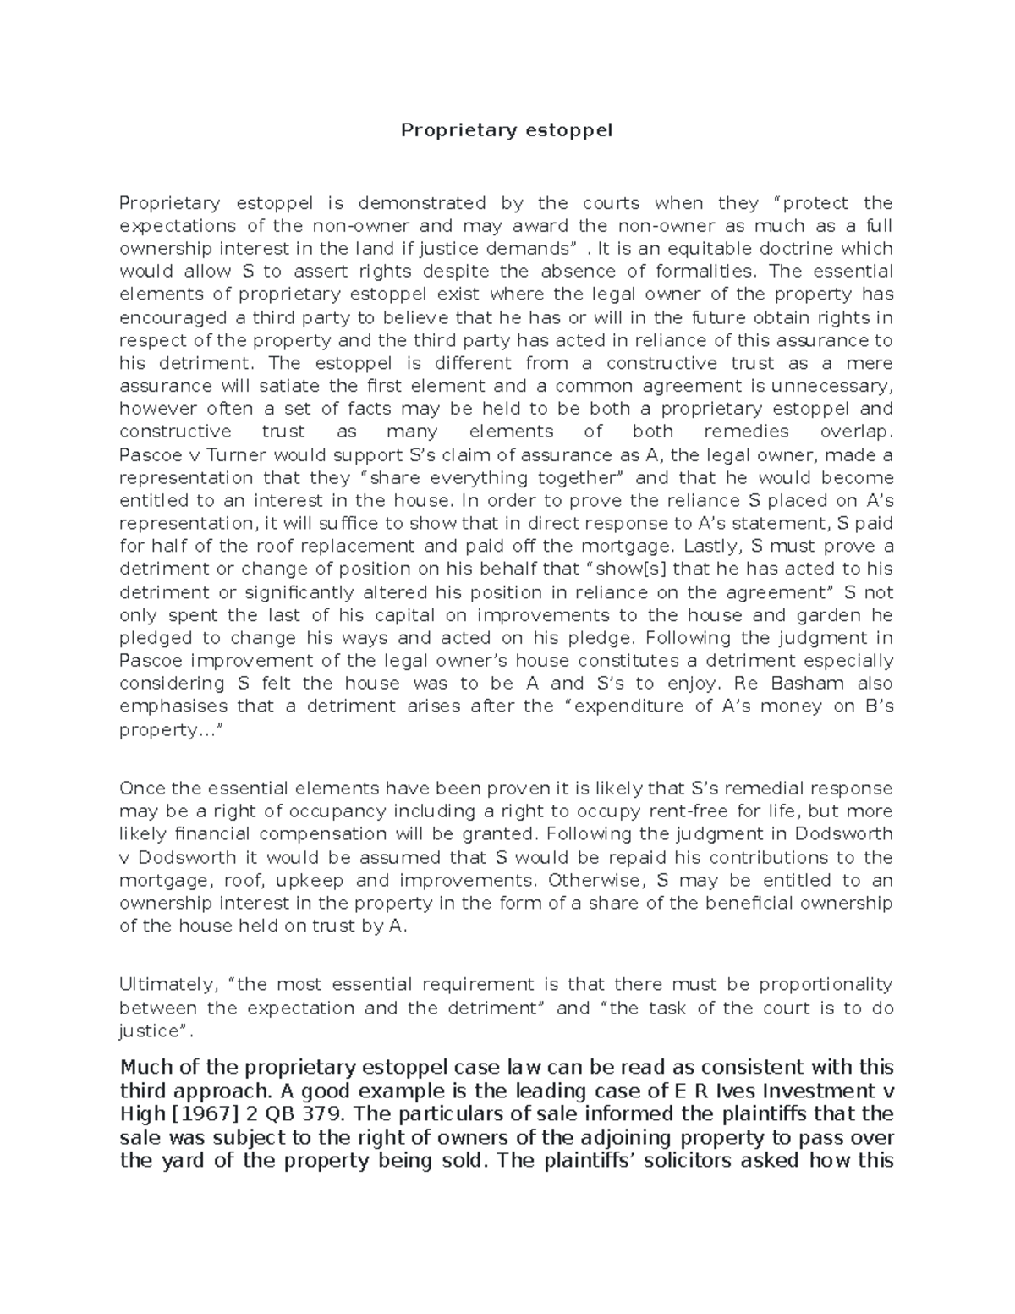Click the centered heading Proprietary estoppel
click(x=506, y=130)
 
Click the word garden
click(x=830, y=614)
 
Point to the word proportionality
click(x=826, y=985)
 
